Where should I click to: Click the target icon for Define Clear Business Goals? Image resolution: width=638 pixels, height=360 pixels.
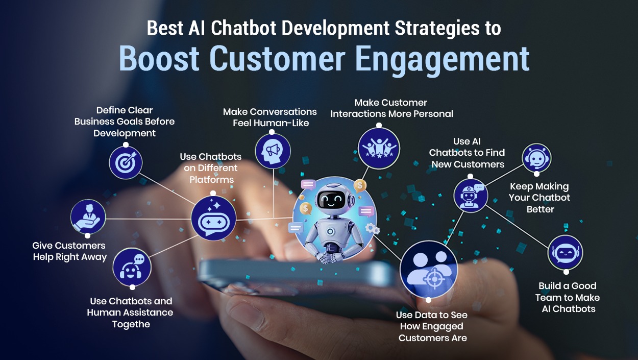[126, 163]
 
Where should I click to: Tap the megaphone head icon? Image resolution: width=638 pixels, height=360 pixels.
[273, 151]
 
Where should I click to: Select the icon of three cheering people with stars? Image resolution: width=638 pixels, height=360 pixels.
[379, 149]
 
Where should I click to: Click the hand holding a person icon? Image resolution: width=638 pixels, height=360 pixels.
[88, 217]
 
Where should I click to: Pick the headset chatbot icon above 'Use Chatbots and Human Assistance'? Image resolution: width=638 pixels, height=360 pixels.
[132, 267]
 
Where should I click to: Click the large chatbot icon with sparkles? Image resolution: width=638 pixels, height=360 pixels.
[213, 219]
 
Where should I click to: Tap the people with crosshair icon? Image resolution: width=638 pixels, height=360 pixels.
[429, 269]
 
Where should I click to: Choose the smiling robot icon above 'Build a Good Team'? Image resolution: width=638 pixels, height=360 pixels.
[566, 253]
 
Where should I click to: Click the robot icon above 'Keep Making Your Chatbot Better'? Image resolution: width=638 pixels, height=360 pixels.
[536, 158]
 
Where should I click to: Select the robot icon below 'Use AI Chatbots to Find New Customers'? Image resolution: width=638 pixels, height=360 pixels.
[471, 196]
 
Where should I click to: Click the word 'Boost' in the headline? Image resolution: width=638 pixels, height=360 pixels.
[159, 59]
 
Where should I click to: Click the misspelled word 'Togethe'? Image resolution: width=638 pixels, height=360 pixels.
[131, 324]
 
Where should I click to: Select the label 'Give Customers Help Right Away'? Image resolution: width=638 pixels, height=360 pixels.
[69, 251]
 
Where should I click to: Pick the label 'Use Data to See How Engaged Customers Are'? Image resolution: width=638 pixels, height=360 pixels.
[432, 326]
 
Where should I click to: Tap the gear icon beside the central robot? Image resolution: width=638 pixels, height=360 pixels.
[372, 229]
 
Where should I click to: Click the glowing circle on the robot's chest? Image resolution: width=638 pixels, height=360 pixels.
[330, 231]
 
